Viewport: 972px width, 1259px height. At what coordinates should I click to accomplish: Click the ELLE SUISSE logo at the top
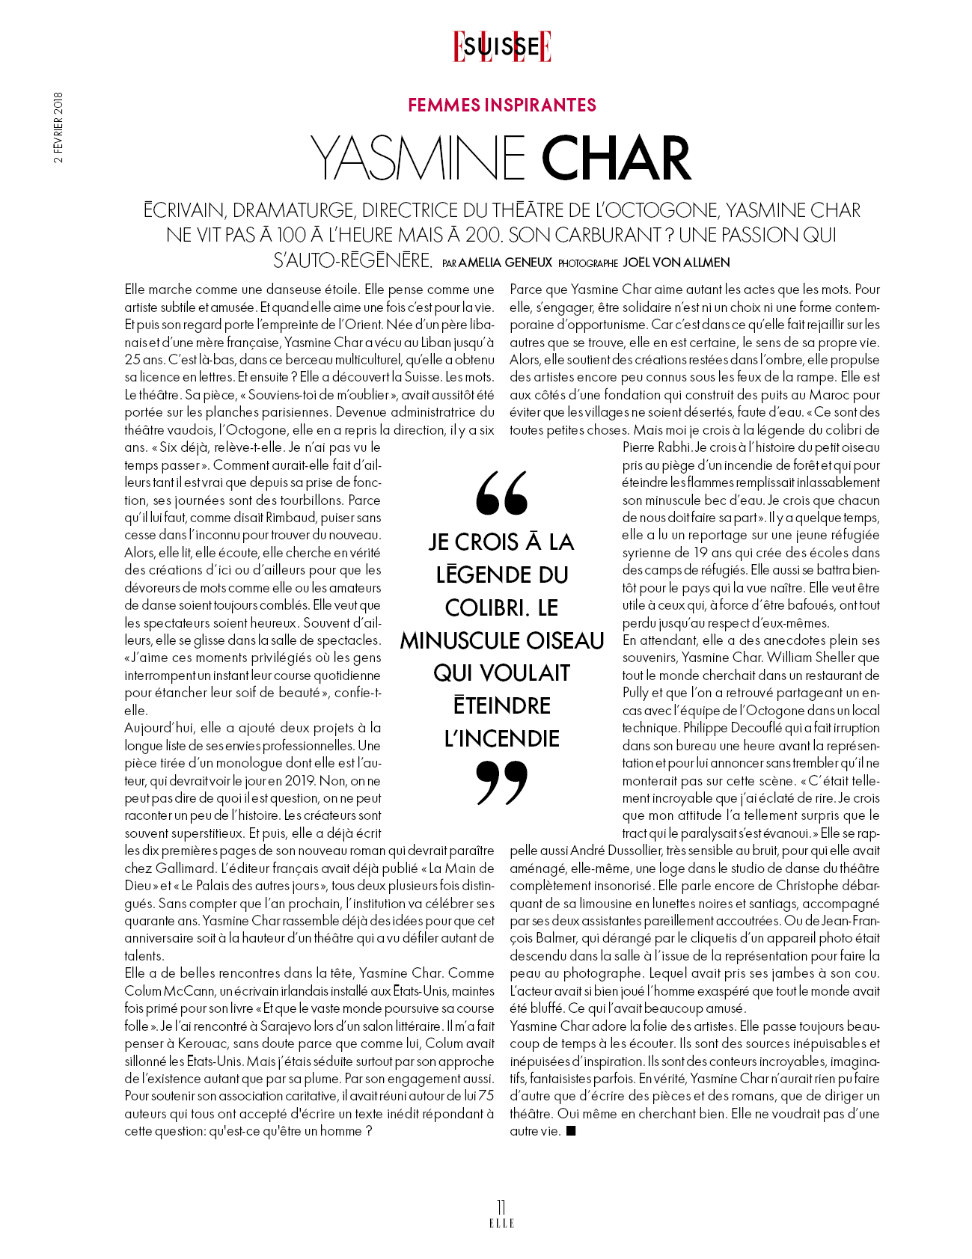point(502,46)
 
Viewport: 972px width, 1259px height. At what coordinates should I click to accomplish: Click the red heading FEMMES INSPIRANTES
point(502,105)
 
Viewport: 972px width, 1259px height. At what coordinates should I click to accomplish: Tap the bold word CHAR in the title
point(616,159)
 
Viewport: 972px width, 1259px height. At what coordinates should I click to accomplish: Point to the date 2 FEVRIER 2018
point(58,127)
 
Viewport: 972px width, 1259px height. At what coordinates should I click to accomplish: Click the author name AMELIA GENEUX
point(505,263)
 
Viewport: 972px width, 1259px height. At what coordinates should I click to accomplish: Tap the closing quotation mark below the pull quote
point(501,782)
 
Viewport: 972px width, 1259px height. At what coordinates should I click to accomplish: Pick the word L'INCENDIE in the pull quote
point(502,738)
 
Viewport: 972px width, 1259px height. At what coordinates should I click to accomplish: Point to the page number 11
point(501,1207)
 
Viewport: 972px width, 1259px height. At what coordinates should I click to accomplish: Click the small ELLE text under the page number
point(501,1223)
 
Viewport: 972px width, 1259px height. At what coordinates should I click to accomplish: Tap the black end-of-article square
point(571,1131)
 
